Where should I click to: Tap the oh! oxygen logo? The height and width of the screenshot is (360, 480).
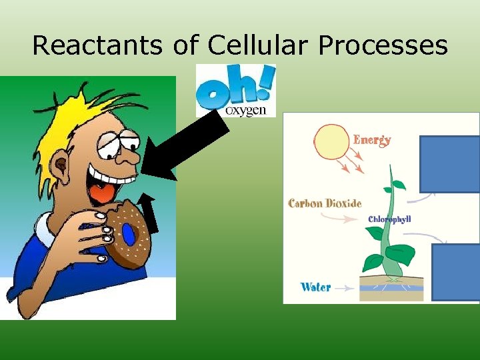(x=235, y=91)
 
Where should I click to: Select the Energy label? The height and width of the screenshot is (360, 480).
(x=372, y=140)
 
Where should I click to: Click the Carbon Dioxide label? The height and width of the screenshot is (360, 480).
(x=325, y=203)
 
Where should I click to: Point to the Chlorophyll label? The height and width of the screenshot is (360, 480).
(x=395, y=219)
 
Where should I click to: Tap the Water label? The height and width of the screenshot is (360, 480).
(x=315, y=287)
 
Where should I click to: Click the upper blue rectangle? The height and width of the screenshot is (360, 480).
(x=449, y=164)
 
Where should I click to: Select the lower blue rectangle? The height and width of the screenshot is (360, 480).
(x=455, y=272)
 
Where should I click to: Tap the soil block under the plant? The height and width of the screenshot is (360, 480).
(x=391, y=289)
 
